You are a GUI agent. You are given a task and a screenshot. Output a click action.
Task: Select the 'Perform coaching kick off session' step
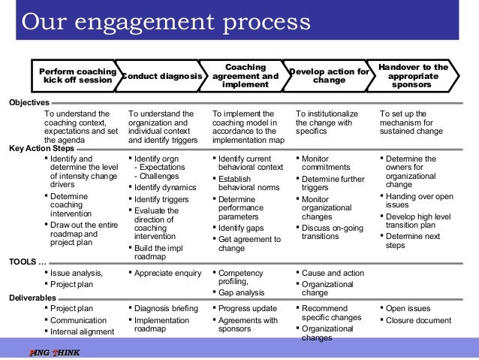(77, 76)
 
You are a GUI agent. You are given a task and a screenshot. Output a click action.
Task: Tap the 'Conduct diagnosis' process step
(161, 76)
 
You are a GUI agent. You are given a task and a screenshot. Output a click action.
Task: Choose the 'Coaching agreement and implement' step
(246, 76)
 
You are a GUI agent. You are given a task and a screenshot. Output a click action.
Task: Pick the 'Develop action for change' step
(330, 76)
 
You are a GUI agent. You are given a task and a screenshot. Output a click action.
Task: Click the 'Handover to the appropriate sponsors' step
(413, 76)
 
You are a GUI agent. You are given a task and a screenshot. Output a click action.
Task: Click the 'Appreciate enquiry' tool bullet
(167, 274)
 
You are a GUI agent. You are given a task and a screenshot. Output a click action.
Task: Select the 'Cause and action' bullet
(333, 274)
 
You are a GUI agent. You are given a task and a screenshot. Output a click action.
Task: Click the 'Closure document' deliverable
(417, 320)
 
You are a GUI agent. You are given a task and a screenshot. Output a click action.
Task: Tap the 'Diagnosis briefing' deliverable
(166, 308)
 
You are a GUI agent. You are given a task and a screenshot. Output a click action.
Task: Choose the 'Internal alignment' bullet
(82, 331)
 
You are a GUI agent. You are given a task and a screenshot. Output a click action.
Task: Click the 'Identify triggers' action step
(161, 199)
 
